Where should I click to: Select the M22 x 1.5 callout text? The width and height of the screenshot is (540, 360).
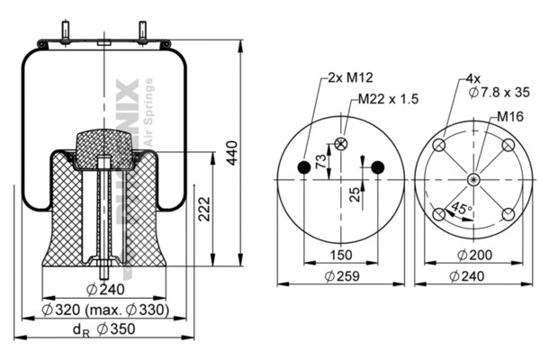(x=388, y=99)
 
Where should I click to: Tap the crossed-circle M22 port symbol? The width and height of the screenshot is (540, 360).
(x=341, y=143)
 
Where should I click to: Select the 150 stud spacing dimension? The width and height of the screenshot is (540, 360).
(x=341, y=255)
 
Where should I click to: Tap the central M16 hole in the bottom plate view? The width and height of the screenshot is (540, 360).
(x=472, y=179)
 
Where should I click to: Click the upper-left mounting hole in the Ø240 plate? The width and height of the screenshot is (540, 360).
(x=438, y=146)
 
